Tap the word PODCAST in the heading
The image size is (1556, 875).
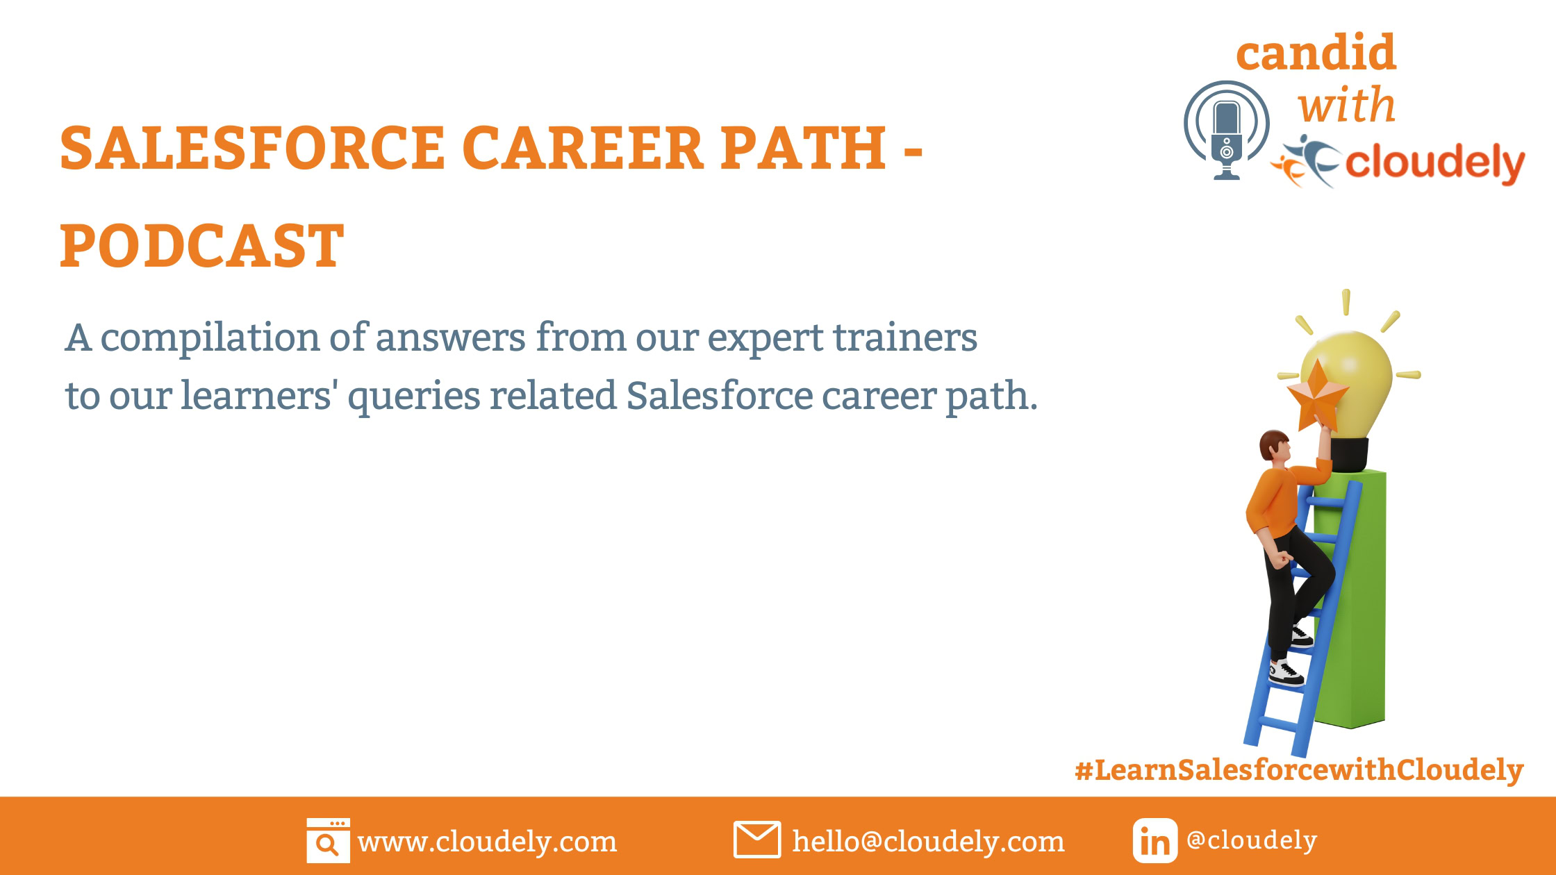click(202, 246)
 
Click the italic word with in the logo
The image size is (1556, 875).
click(1346, 106)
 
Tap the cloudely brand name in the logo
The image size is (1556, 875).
click(1434, 163)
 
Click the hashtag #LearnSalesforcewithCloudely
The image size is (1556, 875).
click(1299, 770)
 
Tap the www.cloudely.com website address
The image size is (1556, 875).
click(487, 842)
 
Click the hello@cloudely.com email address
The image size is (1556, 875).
click(928, 842)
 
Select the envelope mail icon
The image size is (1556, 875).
click(756, 840)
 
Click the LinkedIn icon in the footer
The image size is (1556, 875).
click(1154, 840)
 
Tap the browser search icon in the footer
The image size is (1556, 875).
click(328, 840)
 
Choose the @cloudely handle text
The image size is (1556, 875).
click(1252, 840)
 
